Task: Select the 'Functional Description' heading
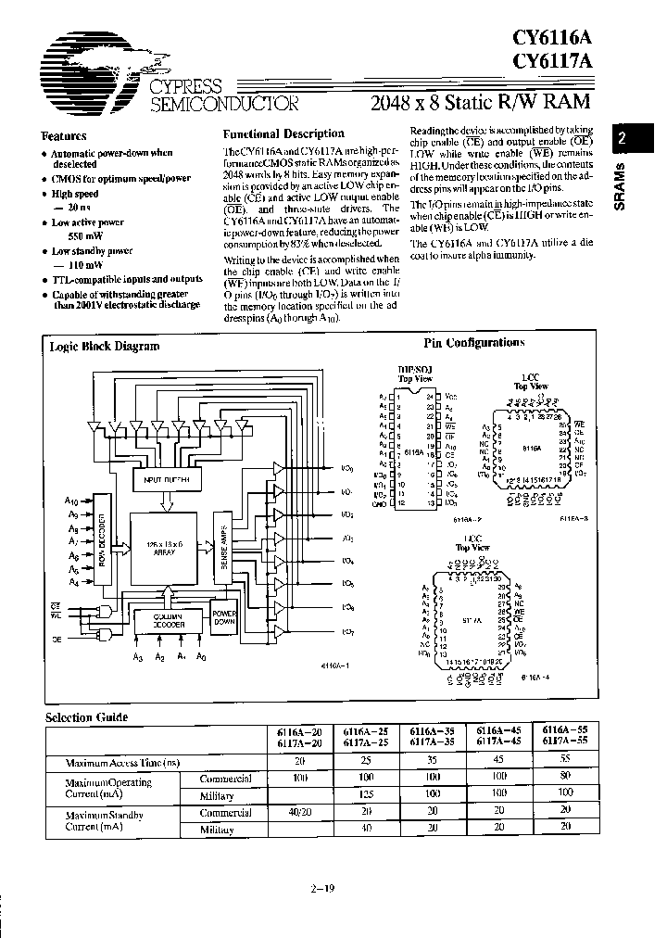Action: point(283,133)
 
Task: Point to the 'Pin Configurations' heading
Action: point(473,343)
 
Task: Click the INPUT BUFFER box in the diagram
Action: point(166,480)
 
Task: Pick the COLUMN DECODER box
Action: point(161,621)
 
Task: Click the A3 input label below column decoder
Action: point(138,656)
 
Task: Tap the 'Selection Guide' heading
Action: point(87,716)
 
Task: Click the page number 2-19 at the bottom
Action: point(322,889)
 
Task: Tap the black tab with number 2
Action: point(623,138)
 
